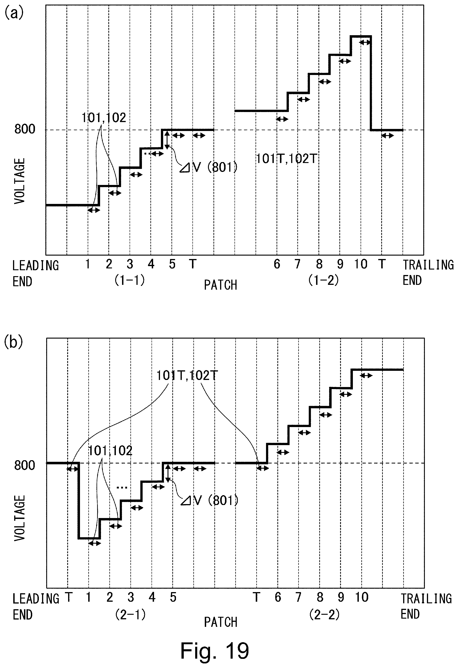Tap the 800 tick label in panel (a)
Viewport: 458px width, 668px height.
click(x=25, y=129)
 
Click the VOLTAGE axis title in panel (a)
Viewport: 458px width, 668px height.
click(x=19, y=181)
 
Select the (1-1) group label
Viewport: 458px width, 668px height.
click(x=130, y=280)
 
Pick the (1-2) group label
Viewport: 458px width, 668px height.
click(x=324, y=280)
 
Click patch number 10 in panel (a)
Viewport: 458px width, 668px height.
click(x=361, y=264)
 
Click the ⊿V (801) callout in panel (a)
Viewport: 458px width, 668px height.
click(x=208, y=167)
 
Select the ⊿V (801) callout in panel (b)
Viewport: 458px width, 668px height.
click(x=210, y=501)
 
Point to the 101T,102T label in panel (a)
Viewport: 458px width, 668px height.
click(x=286, y=159)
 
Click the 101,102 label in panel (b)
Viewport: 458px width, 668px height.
click(x=110, y=451)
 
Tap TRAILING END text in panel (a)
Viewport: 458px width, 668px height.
click(x=428, y=273)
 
